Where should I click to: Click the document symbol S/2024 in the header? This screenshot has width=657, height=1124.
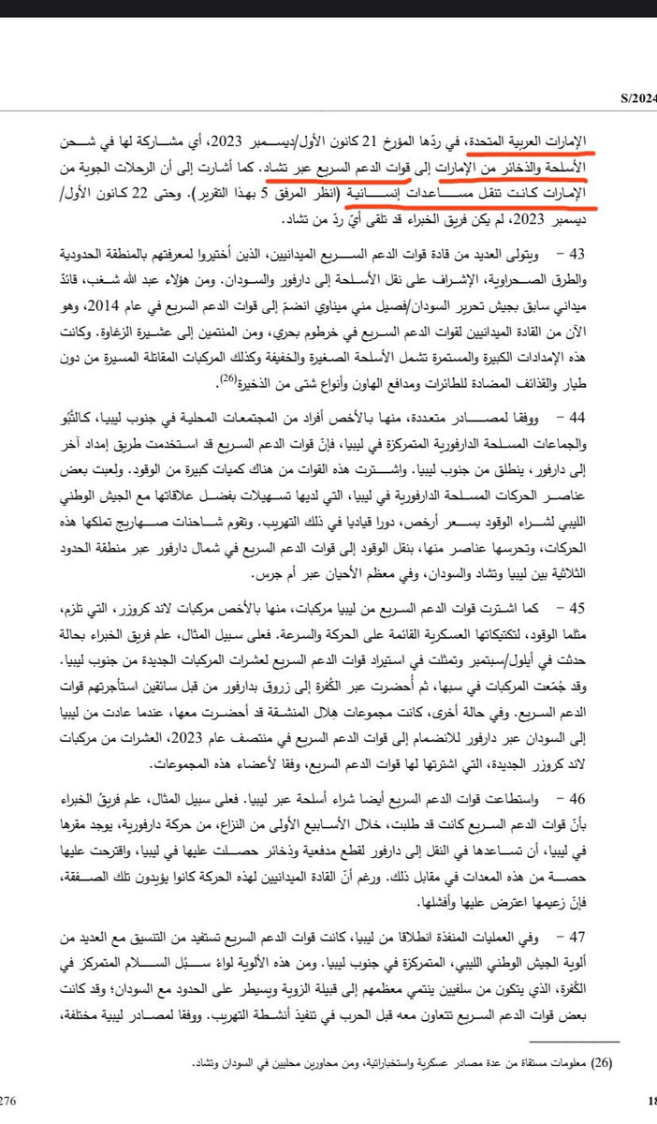pyautogui.click(x=637, y=96)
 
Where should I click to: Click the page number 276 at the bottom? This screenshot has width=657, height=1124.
pyautogui.click(x=9, y=1102)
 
